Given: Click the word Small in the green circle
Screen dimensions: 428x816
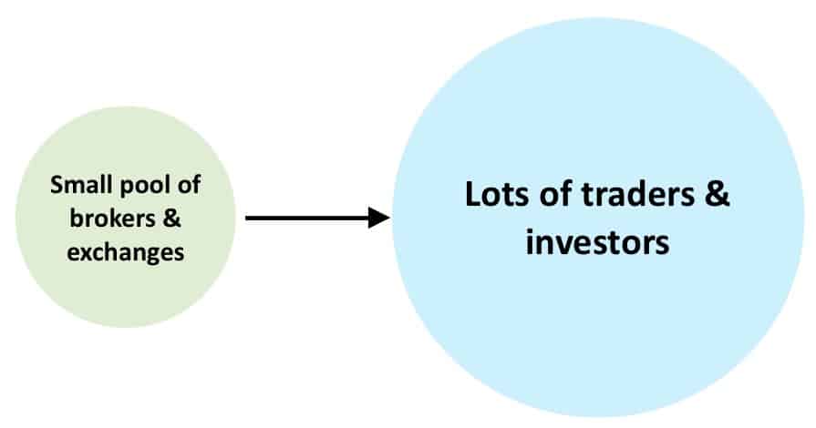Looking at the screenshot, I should click(77, 185).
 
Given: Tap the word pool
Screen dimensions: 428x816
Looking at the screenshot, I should click(139, 185).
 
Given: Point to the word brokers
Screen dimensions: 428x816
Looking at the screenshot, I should click(100, 219).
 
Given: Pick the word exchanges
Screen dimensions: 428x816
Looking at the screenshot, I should click(126, 251).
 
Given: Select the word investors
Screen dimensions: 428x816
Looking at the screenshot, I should click(598, 243).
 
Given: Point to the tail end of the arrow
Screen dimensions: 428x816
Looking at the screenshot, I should click(248, 218).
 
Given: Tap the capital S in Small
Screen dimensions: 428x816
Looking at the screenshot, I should click(56, 185).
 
